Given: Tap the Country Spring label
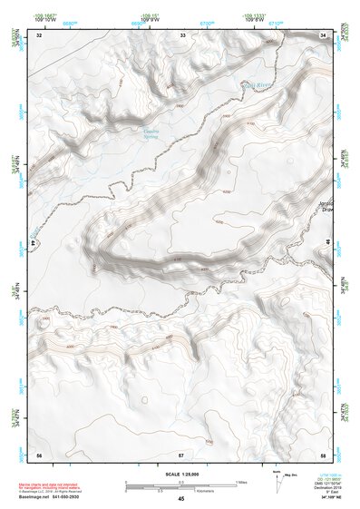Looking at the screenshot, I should coord(151,135).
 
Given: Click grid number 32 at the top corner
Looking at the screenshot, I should coord(39,34).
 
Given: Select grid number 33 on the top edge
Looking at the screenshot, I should coord(182,34).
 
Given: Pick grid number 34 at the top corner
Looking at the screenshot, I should coord(324,34).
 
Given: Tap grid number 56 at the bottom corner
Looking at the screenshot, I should coord(39,454).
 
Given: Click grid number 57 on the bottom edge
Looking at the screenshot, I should coord(181,454).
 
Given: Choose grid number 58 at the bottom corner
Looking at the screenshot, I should coord(323,454).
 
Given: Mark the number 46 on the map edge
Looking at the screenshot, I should coord(326,242).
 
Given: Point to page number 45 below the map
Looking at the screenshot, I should coord(181,499).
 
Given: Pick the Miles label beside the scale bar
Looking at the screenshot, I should coord(242,481).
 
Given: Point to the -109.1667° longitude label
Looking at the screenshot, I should coord(45,15).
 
